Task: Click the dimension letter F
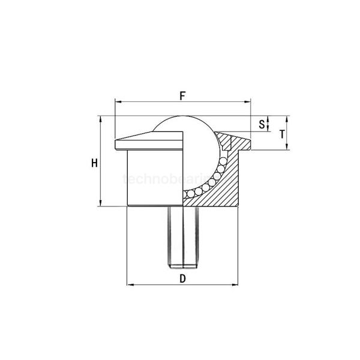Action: click(182, 95)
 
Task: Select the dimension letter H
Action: click(94, 163)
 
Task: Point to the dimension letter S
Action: click(261, 124)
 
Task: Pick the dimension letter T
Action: click(282, 134)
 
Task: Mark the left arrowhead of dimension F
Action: click(117, 103)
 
